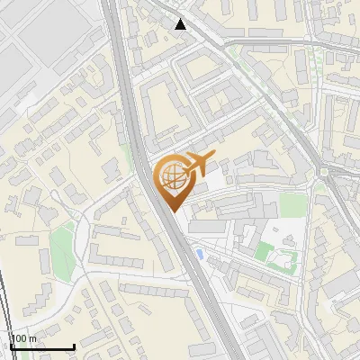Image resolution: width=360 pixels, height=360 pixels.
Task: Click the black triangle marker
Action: coord(182,24)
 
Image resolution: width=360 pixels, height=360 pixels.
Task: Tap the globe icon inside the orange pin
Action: coord(172,174)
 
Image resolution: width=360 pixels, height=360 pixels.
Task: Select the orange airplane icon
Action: coord(198,164)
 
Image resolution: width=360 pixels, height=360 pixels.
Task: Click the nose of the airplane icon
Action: coord(211,157)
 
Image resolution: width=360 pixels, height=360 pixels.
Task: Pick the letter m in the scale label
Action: coord(33,339)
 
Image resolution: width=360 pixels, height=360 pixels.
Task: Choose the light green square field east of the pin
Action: coord(292,205)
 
